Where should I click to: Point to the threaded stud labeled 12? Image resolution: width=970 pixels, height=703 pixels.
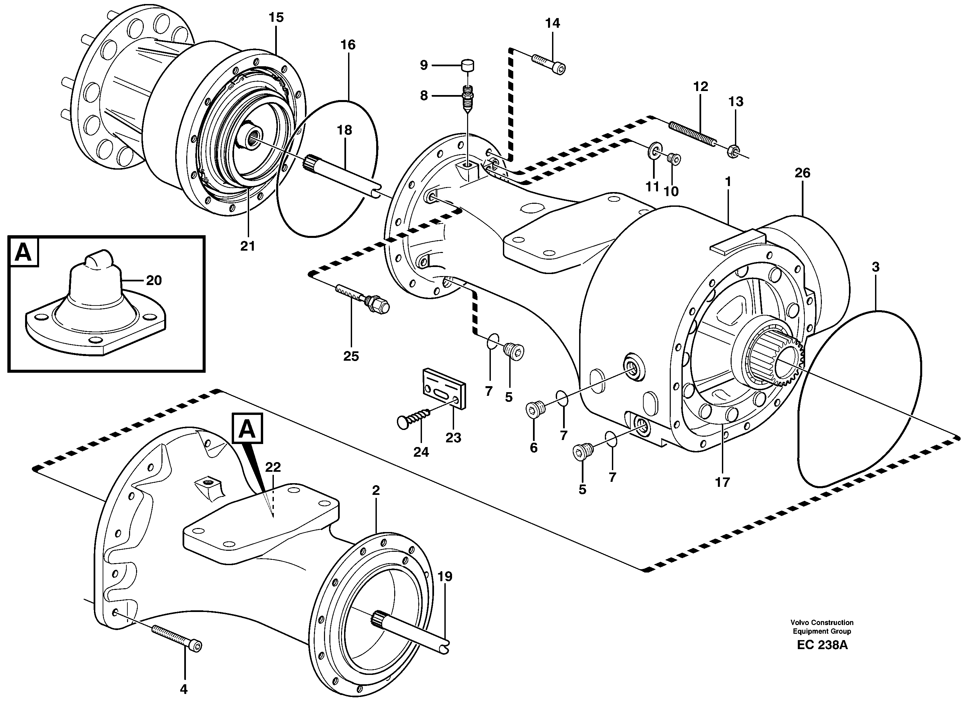click(691, 134)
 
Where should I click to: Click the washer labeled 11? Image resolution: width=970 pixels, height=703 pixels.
click(653, 150)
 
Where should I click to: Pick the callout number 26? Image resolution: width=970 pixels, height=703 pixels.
click(802, 173)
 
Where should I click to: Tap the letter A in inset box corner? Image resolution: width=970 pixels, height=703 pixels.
click(23, 252)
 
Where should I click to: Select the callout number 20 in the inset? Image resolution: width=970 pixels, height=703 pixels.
click(153, 281)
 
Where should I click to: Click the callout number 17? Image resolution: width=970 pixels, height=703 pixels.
click(722, 482)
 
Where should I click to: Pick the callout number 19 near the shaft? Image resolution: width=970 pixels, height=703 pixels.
click(445, 577)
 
